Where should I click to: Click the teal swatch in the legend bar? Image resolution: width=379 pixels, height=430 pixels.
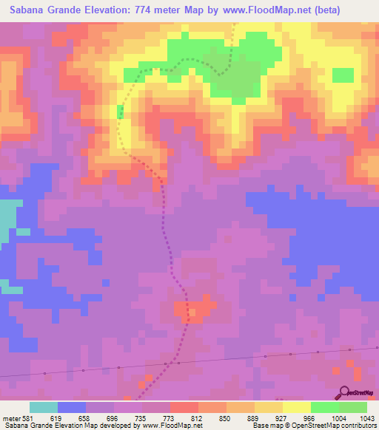pos(44,407)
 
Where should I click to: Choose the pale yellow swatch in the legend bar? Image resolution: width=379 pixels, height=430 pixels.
pos(297,407)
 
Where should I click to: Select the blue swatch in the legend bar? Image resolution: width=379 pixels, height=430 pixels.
pos(72,407)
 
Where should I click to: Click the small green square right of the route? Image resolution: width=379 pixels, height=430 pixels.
pos(343,75)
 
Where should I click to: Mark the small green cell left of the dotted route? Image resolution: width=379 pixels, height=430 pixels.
pos(120,112)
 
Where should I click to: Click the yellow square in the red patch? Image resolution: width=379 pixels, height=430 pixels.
pos(192,313)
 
